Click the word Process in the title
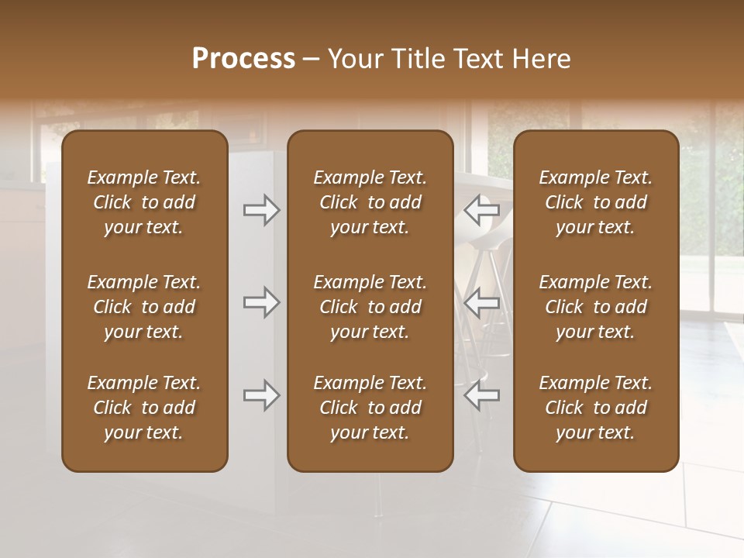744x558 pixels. [243, 59]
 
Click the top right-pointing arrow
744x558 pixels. [261, 209]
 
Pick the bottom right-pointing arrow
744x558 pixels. [261, 395]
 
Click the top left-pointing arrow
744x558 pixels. [481, 209]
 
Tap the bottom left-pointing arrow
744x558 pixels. [481, 395]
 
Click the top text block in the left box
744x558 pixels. [144, 202]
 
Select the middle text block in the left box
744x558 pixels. [144, 307]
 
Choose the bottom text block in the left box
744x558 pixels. [144, 408]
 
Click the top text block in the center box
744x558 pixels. [370, 202]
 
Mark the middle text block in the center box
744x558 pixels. [370, 307]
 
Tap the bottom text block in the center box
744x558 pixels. [370, 408]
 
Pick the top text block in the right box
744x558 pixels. [596, 202]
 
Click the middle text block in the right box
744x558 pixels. [596, 307]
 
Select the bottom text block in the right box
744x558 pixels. [596, 408]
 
